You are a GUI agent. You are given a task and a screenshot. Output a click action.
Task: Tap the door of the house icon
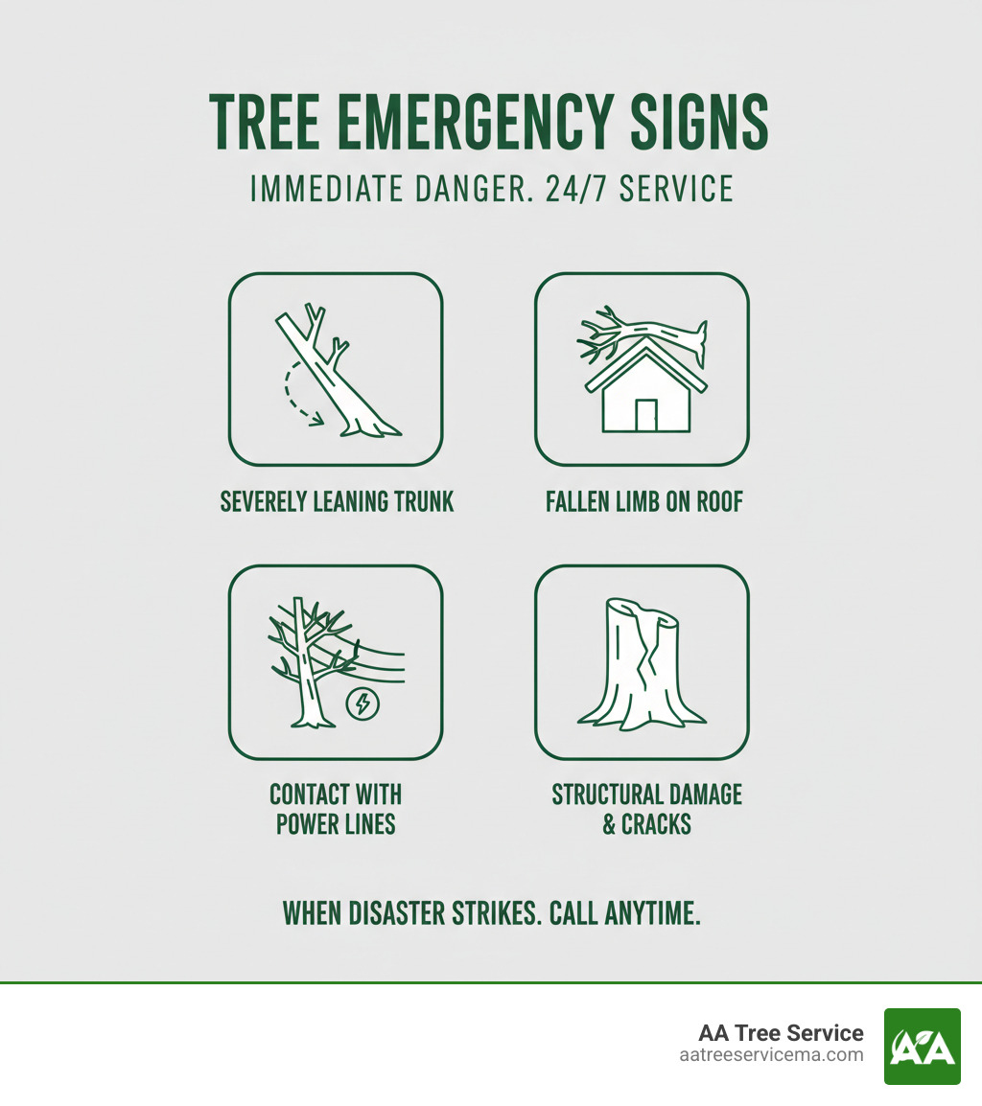[645, 415]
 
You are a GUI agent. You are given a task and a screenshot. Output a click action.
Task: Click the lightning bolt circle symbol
[362, 705]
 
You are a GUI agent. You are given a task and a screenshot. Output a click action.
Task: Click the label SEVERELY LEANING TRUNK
[337, 501]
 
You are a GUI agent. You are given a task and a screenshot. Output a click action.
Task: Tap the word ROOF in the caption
[716, 501]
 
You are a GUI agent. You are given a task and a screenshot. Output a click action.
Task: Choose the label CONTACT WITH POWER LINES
[336, 809]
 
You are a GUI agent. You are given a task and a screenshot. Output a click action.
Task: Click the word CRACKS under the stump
[657, 824]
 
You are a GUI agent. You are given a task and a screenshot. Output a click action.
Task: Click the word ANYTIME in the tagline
[652, 913]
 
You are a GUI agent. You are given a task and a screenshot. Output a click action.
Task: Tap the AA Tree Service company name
[781, 1033]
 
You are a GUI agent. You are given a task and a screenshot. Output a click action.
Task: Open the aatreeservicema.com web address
[770, 1055]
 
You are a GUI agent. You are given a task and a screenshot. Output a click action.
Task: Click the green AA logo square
[922, 1046]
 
